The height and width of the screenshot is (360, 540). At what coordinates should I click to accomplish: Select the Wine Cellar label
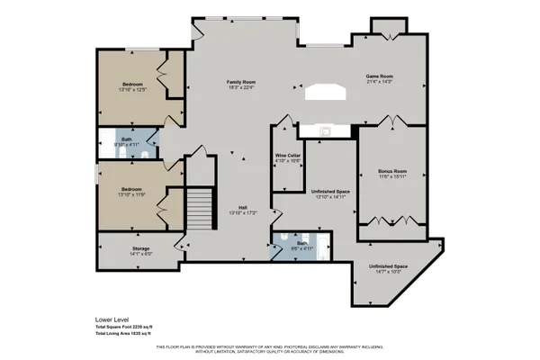click(287, 156)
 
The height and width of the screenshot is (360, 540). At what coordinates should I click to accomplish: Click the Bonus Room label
click(393, 170)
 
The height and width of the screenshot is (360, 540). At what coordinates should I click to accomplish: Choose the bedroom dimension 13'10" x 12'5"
click(133, 89)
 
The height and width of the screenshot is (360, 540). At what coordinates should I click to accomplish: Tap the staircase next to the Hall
click(200, 209)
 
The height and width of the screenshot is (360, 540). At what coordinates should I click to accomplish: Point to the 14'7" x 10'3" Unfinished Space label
click(388, 266)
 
